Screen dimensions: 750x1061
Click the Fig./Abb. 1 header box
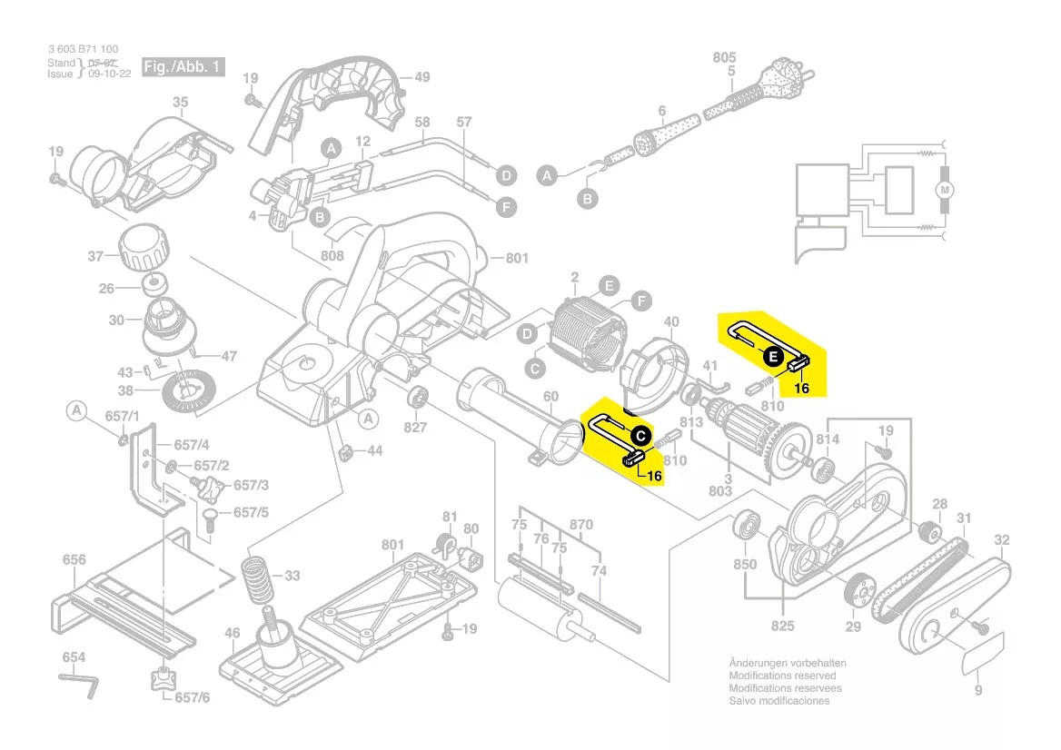[x=182, y=68]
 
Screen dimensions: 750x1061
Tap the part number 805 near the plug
[x=724, y=57]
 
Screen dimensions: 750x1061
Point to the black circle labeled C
[x=640, y=436]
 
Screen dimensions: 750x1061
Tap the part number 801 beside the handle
[x=516, y=259]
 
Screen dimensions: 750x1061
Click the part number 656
[x=74, y=560]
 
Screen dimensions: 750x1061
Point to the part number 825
[x=782, y=627]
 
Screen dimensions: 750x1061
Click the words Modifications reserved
[x=782, y=676]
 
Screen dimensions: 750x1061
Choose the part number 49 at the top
[x=421, y=77]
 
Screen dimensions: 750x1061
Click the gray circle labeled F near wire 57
[x=506, y=207]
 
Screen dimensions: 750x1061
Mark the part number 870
[x=580, y=525]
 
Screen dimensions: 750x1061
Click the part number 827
[x=415, y=427]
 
